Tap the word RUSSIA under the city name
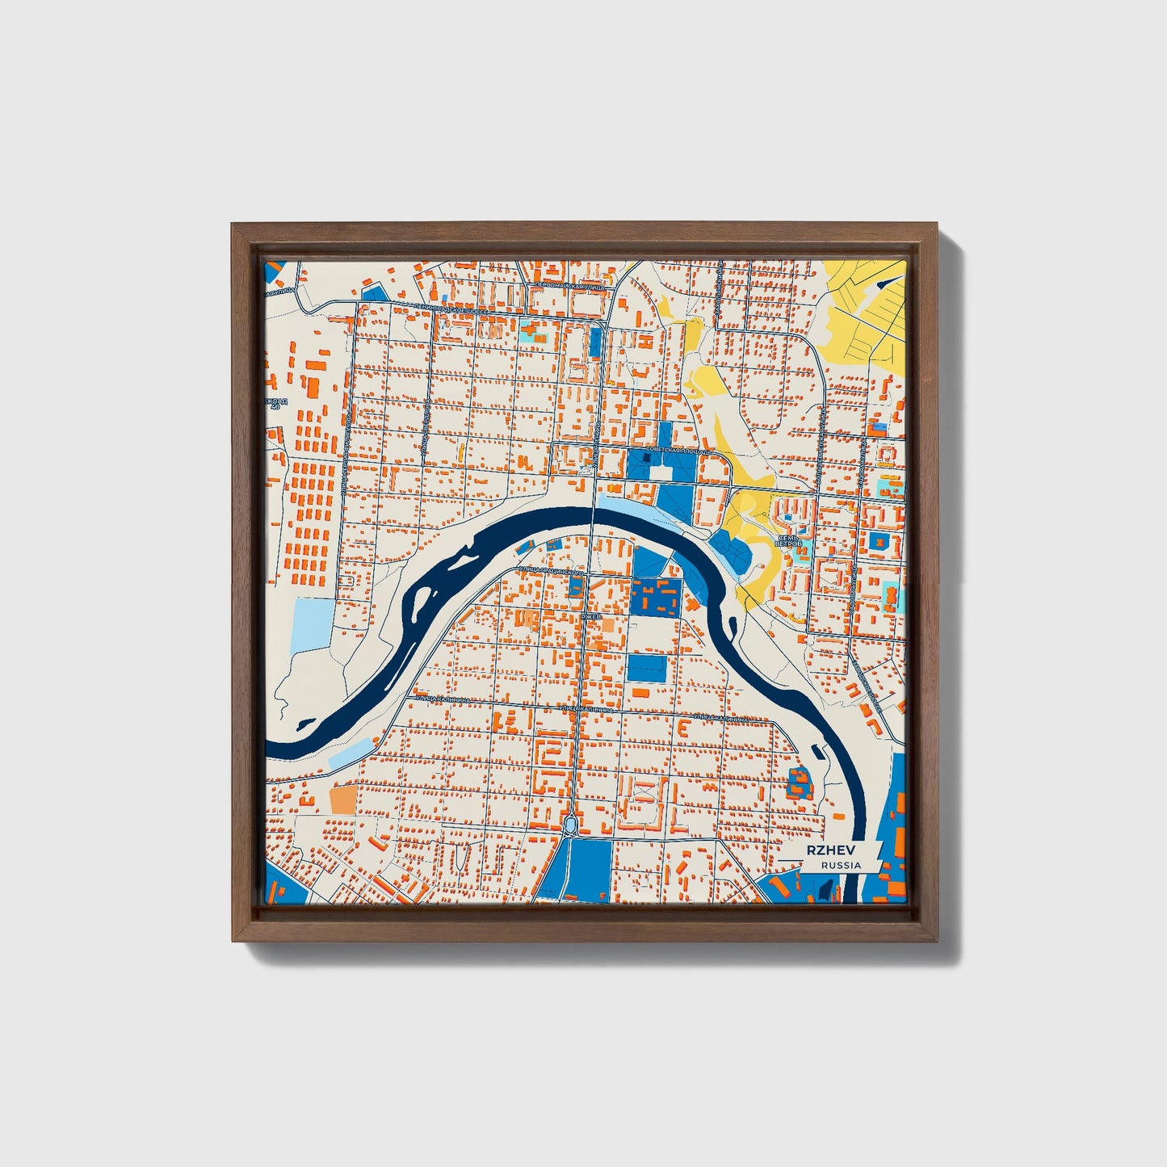[841, 865]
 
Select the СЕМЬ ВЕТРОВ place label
[788, 540]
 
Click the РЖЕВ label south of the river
[591, 616]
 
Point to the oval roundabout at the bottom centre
[570, 825]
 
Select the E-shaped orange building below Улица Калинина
[683, 728]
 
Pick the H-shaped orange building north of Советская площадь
[578, 371]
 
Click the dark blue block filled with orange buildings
[655, 598]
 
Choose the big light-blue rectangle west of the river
[312, 624]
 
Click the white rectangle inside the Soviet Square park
[665, 473]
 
